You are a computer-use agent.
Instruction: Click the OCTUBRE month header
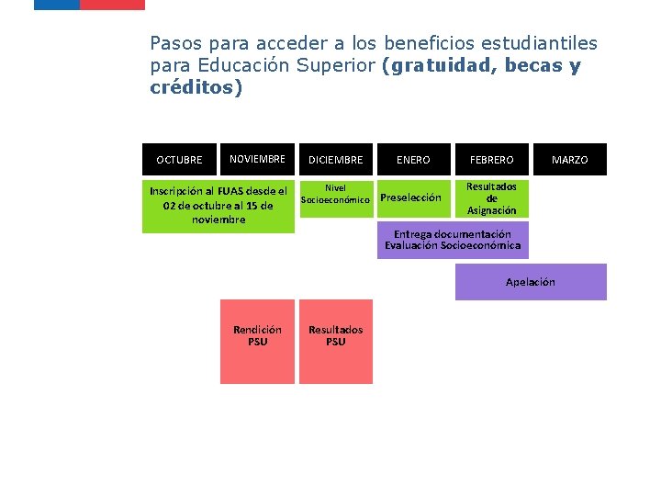point(179,160)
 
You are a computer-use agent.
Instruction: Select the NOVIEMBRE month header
point(257,159)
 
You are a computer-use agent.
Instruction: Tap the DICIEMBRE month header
point(335,160)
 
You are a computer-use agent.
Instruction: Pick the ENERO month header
point(413,160)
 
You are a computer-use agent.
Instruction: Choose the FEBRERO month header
point(491,160)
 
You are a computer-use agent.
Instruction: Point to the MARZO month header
point(569,160)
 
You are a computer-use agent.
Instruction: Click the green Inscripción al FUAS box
point(218,205)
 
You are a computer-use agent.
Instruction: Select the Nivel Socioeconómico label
point(335,194)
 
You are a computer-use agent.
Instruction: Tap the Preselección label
point(410,197)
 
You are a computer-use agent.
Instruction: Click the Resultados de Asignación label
point(491,198)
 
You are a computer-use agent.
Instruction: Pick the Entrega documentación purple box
point(453,240)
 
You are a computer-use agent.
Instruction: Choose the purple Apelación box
point(531,282)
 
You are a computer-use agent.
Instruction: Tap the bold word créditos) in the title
point(196,88)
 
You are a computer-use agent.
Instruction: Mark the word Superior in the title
point(330,66)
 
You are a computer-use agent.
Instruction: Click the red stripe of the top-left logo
point(112,5)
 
